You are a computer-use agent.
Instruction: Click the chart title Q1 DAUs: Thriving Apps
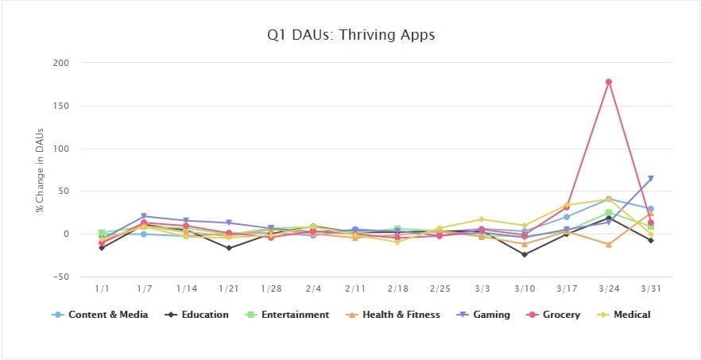(x=350, y=35)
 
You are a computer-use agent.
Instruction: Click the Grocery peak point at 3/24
(x=608, y=82)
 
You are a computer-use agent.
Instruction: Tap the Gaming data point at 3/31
(x=651, y=179)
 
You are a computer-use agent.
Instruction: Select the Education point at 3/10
(x=524, y=254)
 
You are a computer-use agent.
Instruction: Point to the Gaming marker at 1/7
(x=144, y=216)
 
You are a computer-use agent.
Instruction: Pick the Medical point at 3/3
(x=481, y=219)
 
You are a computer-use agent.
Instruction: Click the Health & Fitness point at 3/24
(x=608, y=244)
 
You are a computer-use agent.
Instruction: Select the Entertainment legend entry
(x=289, y=315)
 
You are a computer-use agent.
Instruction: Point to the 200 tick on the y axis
(x=61, y=63)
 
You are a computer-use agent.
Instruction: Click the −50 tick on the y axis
(x=60, y=277)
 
